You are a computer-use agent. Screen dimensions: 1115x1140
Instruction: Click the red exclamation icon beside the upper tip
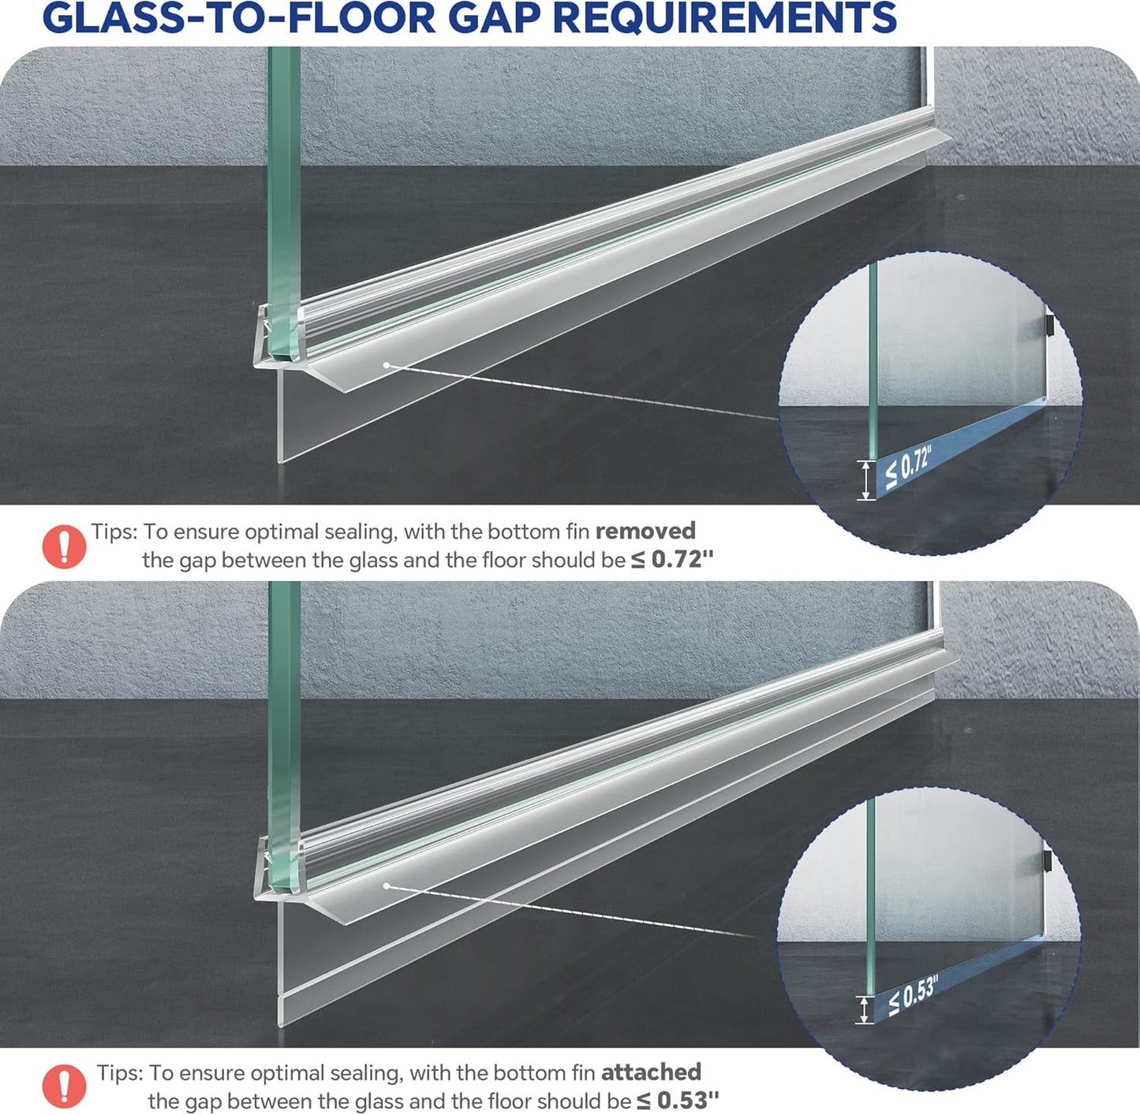tap(63, 546)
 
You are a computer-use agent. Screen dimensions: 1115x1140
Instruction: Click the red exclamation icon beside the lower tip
tap(63, 1086)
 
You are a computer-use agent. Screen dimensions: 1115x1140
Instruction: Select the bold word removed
tap(645, 531)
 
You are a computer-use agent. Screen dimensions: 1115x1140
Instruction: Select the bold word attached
tap(651, 1072)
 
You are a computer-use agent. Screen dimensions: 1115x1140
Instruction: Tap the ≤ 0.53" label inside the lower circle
tap(912, 995)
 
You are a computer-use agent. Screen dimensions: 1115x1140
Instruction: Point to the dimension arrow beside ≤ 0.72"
tap(866, 479)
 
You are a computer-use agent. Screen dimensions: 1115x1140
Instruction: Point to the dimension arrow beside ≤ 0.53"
tap(865, 1009)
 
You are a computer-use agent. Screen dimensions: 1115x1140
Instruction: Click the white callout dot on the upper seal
tap(387, 365)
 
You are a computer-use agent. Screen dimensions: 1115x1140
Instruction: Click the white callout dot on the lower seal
tap(387, 886)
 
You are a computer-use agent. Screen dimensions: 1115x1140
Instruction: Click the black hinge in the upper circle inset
tap(1050, 324)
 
